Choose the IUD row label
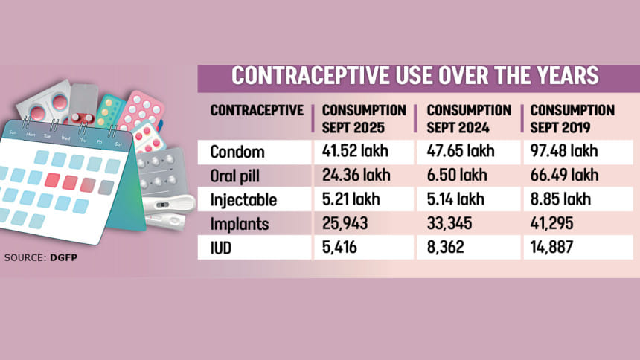click(222, 248)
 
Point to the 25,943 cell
click(345, 224)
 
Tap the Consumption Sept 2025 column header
click(365, 118)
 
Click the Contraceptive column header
click(257, 111)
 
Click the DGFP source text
click(64, 257)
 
